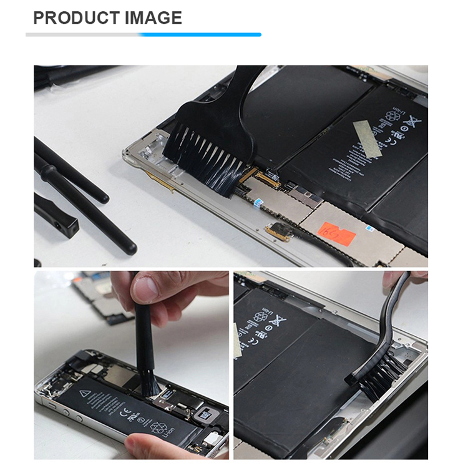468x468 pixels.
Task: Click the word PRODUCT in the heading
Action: pyautogui.click(x=69, y=17)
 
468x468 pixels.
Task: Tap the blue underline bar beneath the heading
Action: pyautogui.click(x=200, y=34)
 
